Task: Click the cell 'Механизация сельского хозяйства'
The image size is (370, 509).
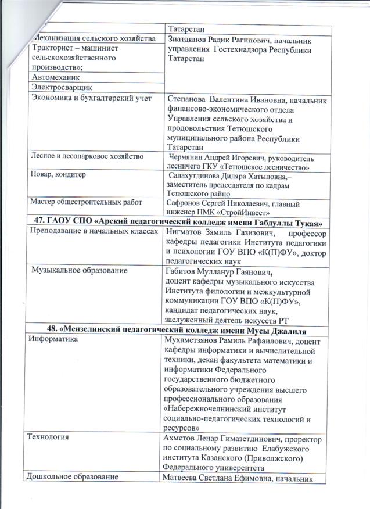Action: [92, 38]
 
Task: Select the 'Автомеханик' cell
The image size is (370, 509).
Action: [57, 77]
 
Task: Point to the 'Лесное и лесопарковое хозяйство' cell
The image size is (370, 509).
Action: [91, 156]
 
